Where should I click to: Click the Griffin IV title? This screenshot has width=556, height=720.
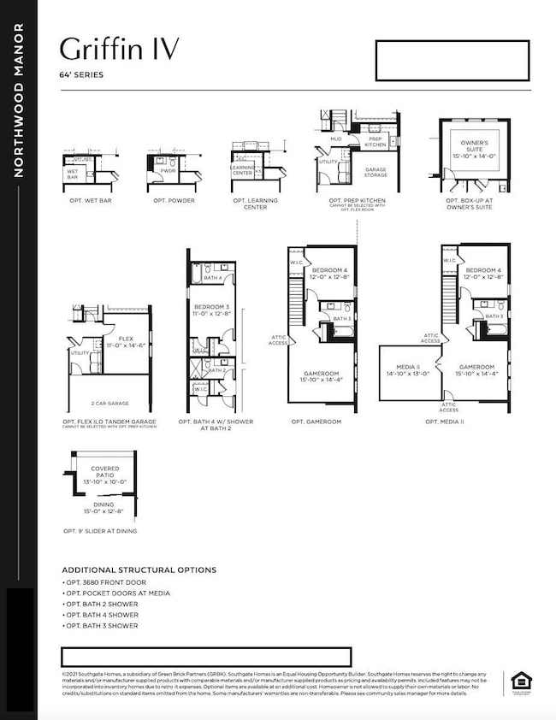[x=121, y=50]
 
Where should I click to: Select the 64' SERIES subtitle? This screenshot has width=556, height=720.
[x=82, y=75]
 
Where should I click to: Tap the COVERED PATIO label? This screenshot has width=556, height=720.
[x=105, y=472]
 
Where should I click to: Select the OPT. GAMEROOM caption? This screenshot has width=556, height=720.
[x=316, y=422]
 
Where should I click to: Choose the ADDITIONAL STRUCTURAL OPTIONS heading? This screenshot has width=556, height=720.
[x=139, y=570]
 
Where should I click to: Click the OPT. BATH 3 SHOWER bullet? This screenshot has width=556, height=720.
[x=102, y=626]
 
